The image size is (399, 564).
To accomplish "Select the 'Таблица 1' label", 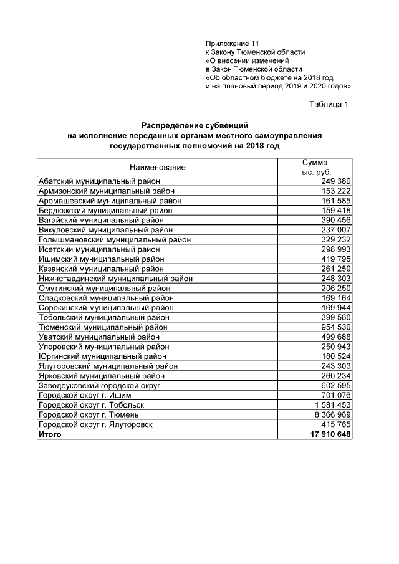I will tap(329, 104).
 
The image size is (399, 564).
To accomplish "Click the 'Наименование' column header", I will tap(157, 168).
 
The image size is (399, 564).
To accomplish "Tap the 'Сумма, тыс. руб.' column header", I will tap(314, 167).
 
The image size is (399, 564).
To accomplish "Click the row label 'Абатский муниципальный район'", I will tap(100, 181).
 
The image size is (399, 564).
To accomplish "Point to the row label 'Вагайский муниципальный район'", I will tap(101, 220).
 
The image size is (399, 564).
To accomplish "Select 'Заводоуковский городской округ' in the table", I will tap(100, 386).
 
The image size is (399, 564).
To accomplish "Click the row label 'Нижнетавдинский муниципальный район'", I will tap(115, 279).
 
